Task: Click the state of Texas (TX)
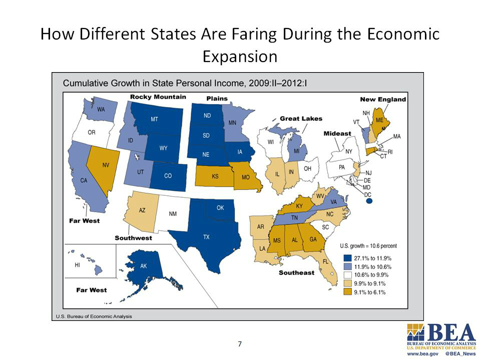click(206, 235)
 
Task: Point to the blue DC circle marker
click(370, 201)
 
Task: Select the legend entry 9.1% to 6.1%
click(371, 292)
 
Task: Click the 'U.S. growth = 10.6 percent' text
click(368, 246)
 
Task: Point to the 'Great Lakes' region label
click(301, 119)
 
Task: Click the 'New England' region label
click(383, 99)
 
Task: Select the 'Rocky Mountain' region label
click(158, 97)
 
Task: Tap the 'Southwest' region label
click(133, 238)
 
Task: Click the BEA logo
click(441, 336)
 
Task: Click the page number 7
click(240, 343)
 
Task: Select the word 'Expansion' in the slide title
click(240, 56)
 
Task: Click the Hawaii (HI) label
click(77, 265)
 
